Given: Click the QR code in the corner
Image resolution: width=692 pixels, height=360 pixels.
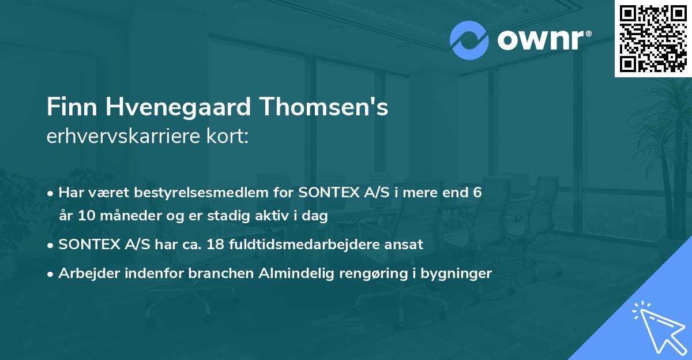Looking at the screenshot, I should (x=653, y=38).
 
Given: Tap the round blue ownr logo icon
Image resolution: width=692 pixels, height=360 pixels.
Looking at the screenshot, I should (x=469, y=40).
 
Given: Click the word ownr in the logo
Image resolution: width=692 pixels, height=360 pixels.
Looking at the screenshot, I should (x=540, y=40).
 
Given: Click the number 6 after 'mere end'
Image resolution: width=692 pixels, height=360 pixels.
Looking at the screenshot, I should (x=476, y=192).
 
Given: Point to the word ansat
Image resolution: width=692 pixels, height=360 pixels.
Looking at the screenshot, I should (x=406, y=244).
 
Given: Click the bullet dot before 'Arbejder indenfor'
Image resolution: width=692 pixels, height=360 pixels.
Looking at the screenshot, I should (x=51, y=273).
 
